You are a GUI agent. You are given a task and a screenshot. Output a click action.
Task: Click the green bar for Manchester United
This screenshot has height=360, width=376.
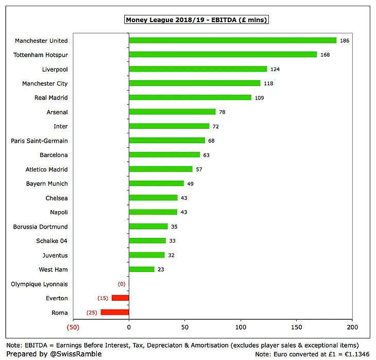click(x=232, y=40)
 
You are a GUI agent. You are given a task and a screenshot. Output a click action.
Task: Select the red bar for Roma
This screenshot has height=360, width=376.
click(x=115, y=312)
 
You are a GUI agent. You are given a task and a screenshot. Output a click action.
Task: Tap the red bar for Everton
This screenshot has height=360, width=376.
click(x=120, y=298)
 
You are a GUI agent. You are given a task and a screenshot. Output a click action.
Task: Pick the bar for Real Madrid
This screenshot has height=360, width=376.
click(x=190, y=97)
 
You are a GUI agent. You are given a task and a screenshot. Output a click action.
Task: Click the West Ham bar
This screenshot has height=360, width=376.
click(x=142, y=269)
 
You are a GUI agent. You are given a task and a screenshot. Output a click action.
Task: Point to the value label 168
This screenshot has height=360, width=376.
click(x=324, y=55)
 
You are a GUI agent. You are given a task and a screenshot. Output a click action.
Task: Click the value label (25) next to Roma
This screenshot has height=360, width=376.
click(x=93, y=312)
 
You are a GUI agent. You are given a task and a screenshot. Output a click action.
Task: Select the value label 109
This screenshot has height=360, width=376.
click(x=260, y=97)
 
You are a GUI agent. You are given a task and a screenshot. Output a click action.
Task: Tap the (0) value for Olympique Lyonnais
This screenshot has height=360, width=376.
click(x=122, y=284)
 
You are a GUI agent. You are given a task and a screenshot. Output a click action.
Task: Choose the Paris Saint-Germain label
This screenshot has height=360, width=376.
click(x=40, y=141)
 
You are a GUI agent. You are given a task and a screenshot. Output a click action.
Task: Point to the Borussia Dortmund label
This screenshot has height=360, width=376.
click(x=41, y=227)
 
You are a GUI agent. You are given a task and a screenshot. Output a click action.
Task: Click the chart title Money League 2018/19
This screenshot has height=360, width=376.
click(x=196, y=20)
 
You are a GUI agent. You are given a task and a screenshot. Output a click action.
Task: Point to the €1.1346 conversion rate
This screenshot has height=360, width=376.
click(x=354, y=354)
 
